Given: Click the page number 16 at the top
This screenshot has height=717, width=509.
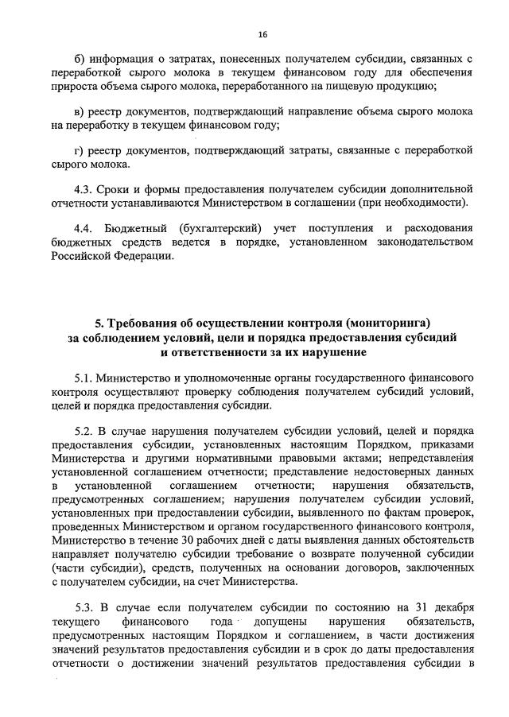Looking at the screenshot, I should coord(262,34).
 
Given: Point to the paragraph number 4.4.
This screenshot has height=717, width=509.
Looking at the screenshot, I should coord(83,228).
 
